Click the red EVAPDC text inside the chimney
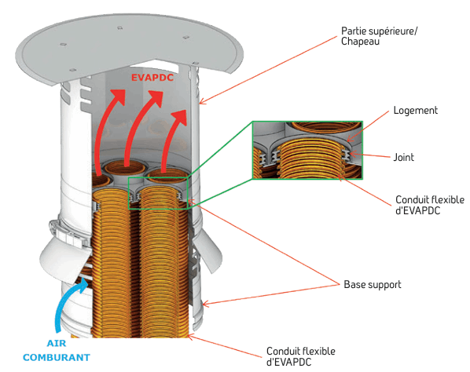[x=152, y=78]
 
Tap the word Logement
[x=416, y=111]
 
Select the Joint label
[x=403, y=157]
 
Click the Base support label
[x=373, y=285]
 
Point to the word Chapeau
[x=360, y=42]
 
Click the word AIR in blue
[x=57, y=343]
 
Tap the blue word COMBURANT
[x=57, y=357]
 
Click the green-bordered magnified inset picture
[x=307, y=150]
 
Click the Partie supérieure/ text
[x=379, y=31]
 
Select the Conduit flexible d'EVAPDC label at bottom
[x=301, y=356]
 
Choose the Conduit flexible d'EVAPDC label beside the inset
[x=430, y=205]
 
